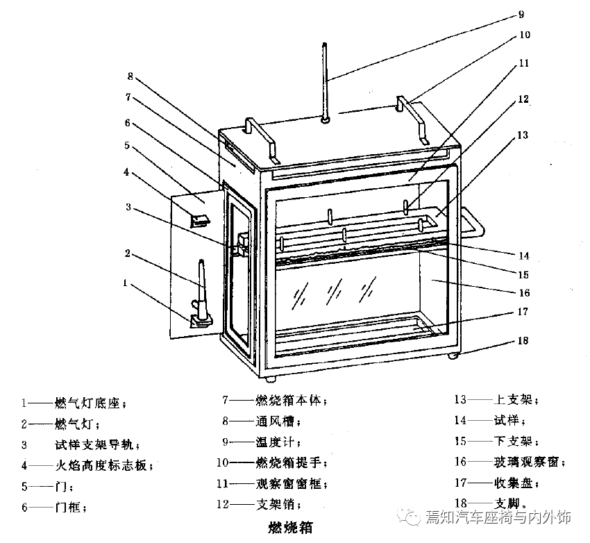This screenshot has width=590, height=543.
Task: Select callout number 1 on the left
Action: pyautogui.click(x=125, y=283)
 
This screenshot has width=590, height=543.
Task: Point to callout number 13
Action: pyautogui.click(x=523, y=135)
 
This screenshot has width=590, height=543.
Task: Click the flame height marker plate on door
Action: pyautogui.click(x=201, y=219)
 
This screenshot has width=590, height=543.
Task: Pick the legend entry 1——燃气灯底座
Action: pyautogui.click(x=73, y=403)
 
